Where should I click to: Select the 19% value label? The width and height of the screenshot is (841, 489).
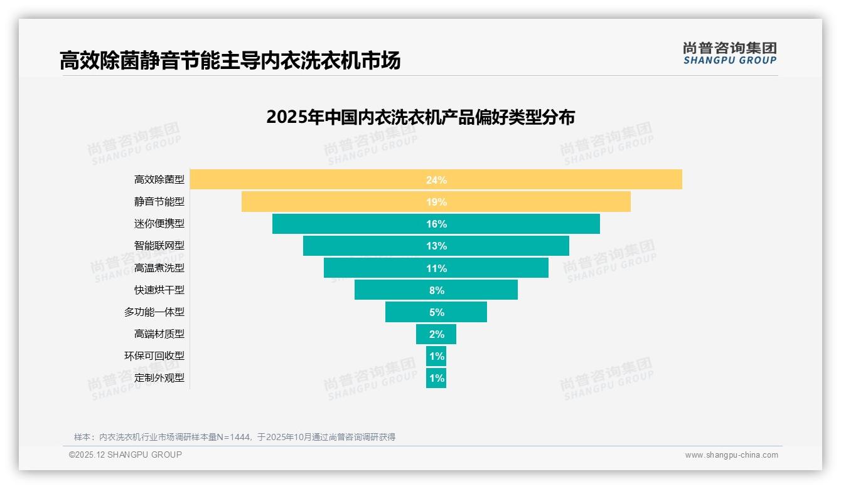tap(436, 202)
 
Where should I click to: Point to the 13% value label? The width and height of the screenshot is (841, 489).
tap(436, 246)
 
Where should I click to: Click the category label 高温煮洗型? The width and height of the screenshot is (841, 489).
tap(159, 268)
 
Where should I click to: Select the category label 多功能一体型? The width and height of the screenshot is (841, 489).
tap(154, 312)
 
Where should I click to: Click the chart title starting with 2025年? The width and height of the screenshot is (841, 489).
tap(420, 117)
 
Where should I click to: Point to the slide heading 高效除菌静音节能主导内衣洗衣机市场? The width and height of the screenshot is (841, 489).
tap(230, 61)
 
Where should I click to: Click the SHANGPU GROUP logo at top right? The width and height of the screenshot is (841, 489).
tap(729, 53)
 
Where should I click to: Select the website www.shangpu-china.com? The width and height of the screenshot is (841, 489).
tap(731, 455)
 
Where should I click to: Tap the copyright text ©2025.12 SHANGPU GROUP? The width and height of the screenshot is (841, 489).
tap(126, 455)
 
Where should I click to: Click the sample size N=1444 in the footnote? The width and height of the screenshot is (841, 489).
tap(236, 437)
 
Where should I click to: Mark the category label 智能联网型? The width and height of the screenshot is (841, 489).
tap(159, 246)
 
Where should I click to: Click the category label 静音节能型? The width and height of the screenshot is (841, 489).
tap(159, 202)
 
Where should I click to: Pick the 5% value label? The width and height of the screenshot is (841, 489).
tap(436, 312)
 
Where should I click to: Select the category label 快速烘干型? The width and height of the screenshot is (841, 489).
tap(159, 290)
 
